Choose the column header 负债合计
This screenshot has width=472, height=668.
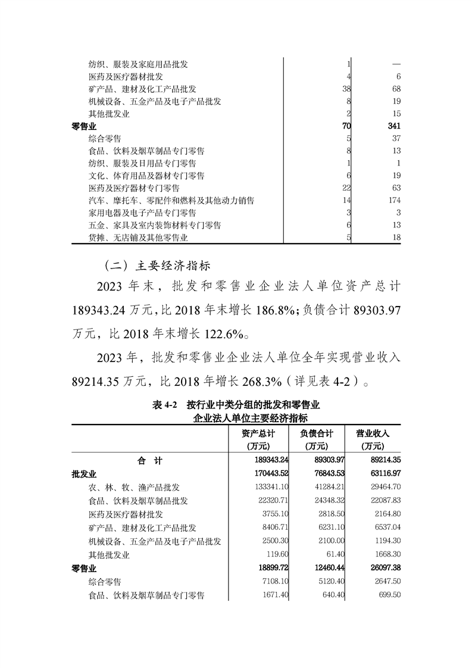click(317, 433)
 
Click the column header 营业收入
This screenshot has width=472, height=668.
click(374, 433)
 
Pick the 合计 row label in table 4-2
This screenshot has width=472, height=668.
click(149, 461)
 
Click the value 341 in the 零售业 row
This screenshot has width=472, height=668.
click(393, 126)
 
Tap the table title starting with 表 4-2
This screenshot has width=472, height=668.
click(236, 405)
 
